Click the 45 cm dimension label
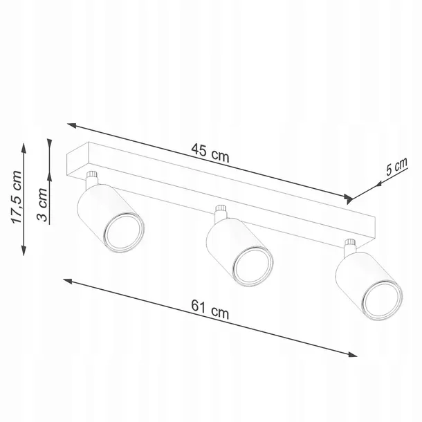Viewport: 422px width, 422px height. (x=210, y=153)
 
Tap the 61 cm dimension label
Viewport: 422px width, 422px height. (x=210, y=309)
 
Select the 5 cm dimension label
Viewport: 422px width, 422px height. (x=396, y=167)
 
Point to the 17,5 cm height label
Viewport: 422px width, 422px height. (x=16, y=197)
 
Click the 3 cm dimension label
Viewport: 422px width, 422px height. (x=42, y=205)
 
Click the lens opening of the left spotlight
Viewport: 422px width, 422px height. (x=124, y=232)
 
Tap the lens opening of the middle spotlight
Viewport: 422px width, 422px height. (x=253, y=265)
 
